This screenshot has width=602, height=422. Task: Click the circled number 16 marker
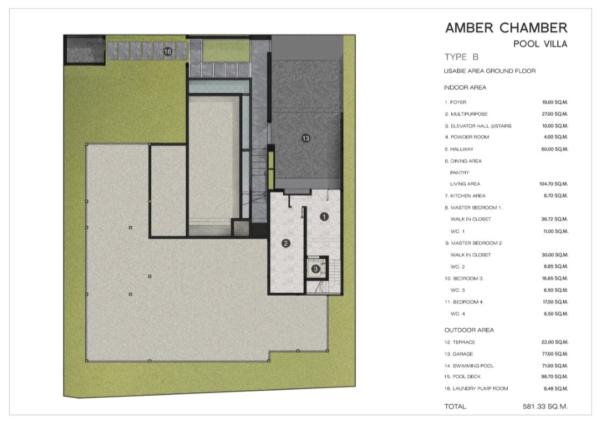pos(168,52)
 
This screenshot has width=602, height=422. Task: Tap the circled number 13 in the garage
pos(306,138)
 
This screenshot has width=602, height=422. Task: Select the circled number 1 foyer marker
pos(324,217)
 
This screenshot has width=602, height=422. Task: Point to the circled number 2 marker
pos(285,243)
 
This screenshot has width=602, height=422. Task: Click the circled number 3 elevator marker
pos(316,268)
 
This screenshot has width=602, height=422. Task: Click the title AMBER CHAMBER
pos(506,27)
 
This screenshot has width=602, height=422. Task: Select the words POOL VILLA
pos(540,44)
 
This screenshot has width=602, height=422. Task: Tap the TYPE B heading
pos(461,57)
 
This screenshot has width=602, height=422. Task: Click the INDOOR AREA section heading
pos(465,88)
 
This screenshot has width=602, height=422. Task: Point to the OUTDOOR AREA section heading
pos(469,330)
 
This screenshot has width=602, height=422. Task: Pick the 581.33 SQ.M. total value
pos(545,406)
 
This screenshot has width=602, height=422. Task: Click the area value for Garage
pos(555,354)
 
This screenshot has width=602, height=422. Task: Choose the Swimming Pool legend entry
pos(469,366)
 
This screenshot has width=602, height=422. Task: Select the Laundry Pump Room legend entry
pos(476,389)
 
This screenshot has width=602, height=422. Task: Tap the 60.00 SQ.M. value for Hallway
pos(555,149)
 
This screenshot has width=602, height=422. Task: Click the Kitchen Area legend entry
pos(465,196)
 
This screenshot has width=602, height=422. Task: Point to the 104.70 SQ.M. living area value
pos(553,184)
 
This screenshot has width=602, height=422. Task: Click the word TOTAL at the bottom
pos(456,406)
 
